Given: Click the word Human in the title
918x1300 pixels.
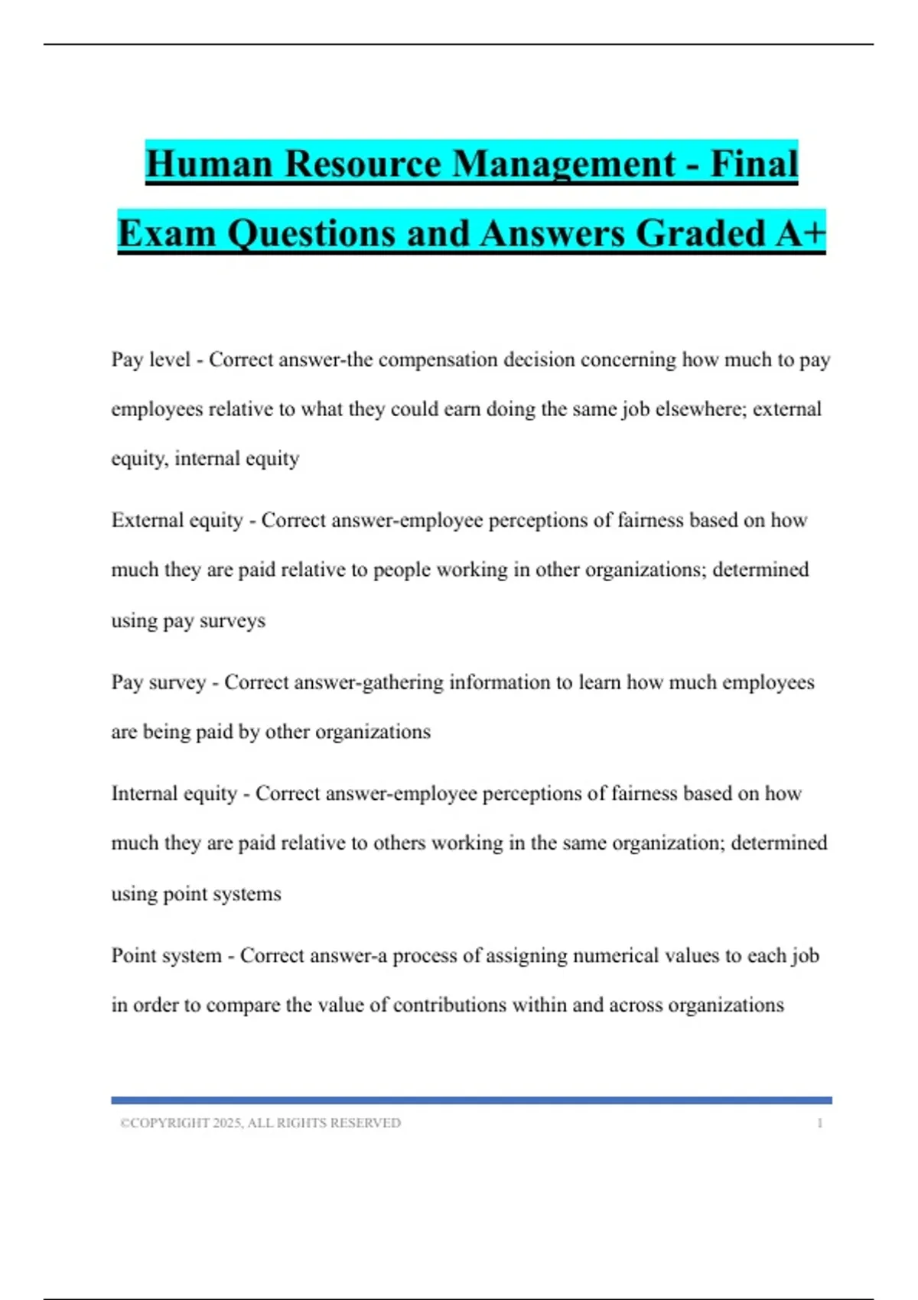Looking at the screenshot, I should coord(209,164).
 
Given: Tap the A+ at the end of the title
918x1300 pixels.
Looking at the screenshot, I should coord(800,232).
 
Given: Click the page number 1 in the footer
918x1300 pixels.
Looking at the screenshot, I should coord(820,1123).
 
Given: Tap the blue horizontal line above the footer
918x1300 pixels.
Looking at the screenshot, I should coord(471,1100).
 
